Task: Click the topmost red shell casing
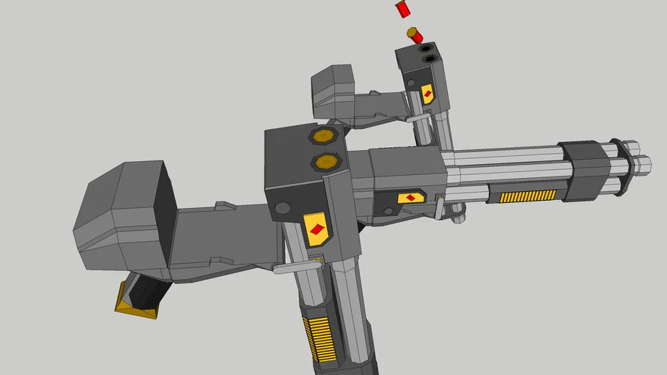click(402, 9)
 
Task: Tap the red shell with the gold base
click(415, 34)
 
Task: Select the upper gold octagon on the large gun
click(323, 135)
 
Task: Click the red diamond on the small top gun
click(427, 94)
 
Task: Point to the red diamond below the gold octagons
click(316, 229)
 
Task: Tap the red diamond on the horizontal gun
click(411, 198)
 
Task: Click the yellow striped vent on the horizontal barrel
click(528, 196)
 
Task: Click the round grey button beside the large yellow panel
click(281, 209)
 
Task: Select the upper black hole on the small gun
click(426, 48)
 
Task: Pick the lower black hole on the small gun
click(430, 58)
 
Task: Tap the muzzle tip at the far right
click(644, 164)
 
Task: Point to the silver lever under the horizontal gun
click(438, 208)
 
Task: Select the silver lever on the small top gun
click(419, 117)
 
